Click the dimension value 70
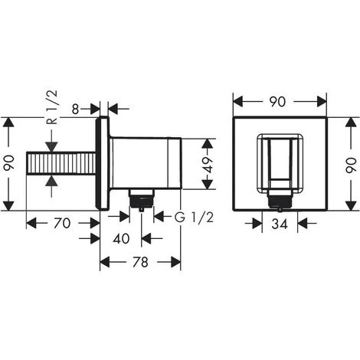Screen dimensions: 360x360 64,223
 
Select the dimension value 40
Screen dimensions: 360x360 121,238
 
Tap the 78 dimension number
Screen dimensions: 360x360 140,262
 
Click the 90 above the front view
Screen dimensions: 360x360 280,101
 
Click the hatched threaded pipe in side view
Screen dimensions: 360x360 61,164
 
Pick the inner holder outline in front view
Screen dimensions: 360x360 280,158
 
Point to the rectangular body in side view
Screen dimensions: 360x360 146,162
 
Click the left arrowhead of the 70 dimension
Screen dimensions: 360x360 31,223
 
